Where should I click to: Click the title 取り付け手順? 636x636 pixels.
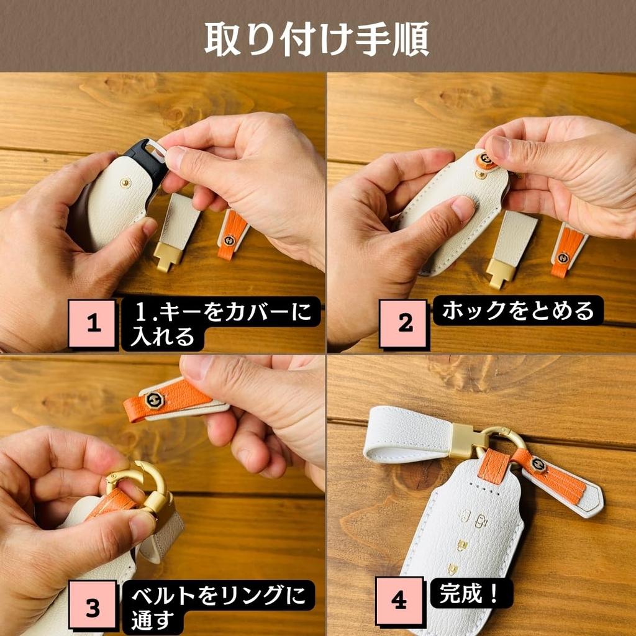coord(317,39)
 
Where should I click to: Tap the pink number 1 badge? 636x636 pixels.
coord(92,324)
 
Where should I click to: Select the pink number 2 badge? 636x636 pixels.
coord(404,324)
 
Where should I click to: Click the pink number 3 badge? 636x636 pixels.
coord(92,607)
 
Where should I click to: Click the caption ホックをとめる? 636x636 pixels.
coord(517,310)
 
